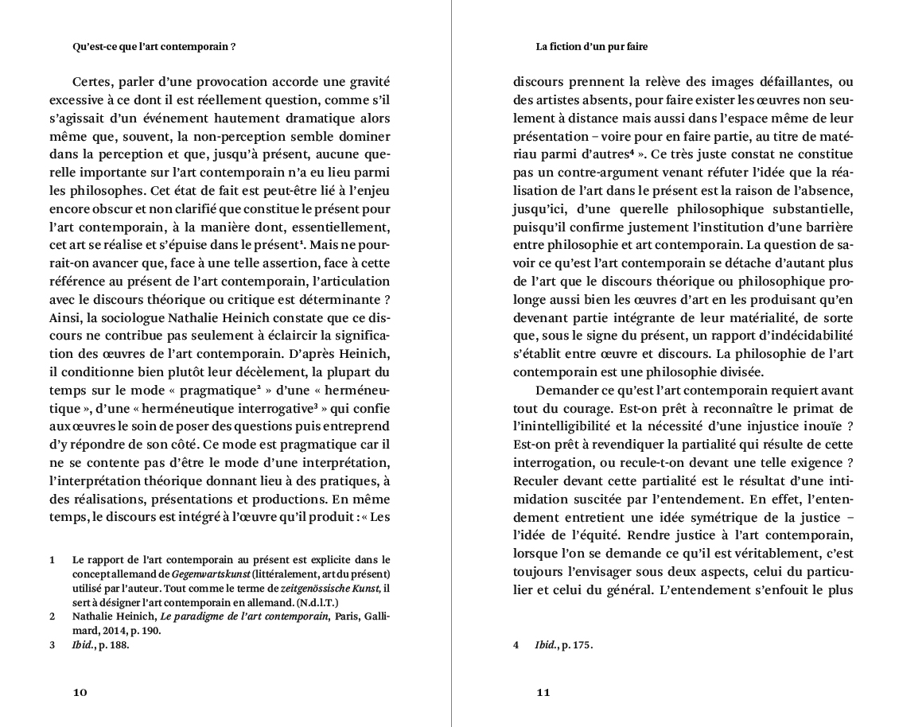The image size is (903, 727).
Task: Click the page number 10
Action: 80,692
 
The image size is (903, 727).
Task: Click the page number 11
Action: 543,692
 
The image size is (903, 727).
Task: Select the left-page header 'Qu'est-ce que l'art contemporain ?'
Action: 154,47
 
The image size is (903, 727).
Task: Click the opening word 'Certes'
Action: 92,81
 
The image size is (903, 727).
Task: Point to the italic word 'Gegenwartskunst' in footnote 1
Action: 211,574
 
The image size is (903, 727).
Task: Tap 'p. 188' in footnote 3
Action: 115,646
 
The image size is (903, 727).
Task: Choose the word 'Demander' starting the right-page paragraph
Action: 566,391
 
